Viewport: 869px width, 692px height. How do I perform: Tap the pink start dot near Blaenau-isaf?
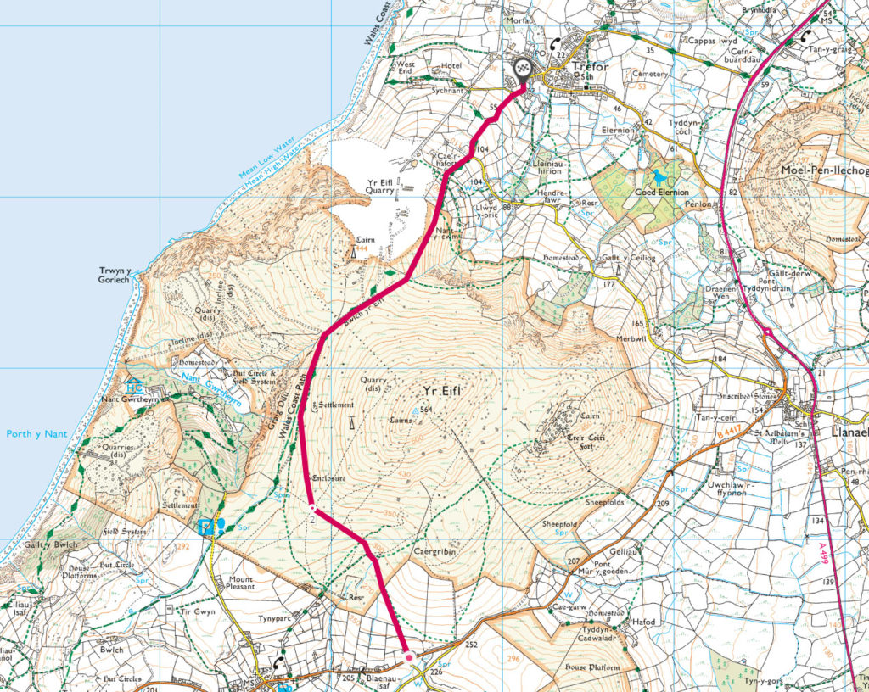[x=408, y=657]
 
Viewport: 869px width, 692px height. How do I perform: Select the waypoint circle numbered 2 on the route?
[x=312, y=509]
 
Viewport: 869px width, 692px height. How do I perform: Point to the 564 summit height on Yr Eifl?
[x=426, y=410]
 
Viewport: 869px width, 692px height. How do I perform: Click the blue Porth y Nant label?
[x=36, y=435]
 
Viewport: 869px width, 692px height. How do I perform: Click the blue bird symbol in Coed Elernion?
[x=659, y=176]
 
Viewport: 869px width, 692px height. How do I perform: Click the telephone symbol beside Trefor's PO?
[x=555, y=44]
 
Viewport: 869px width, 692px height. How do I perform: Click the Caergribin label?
[x=435, y=551]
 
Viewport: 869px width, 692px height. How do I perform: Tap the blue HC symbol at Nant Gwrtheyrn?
[x=134, y=386]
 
